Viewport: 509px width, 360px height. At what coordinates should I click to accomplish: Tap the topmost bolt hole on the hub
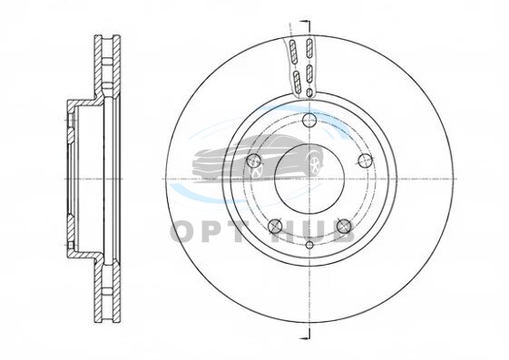(x=309, y=121)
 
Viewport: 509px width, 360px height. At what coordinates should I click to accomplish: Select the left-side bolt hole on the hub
(x=254, y=161)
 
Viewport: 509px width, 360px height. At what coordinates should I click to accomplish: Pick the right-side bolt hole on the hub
(x=366, y=161)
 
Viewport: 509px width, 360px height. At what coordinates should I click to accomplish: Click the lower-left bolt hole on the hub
(x=275, y=226)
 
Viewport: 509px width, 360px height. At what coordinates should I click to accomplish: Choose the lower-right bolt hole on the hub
(x=344, y=226)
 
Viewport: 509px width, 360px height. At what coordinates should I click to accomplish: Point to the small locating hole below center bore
(x=309, y=245)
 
